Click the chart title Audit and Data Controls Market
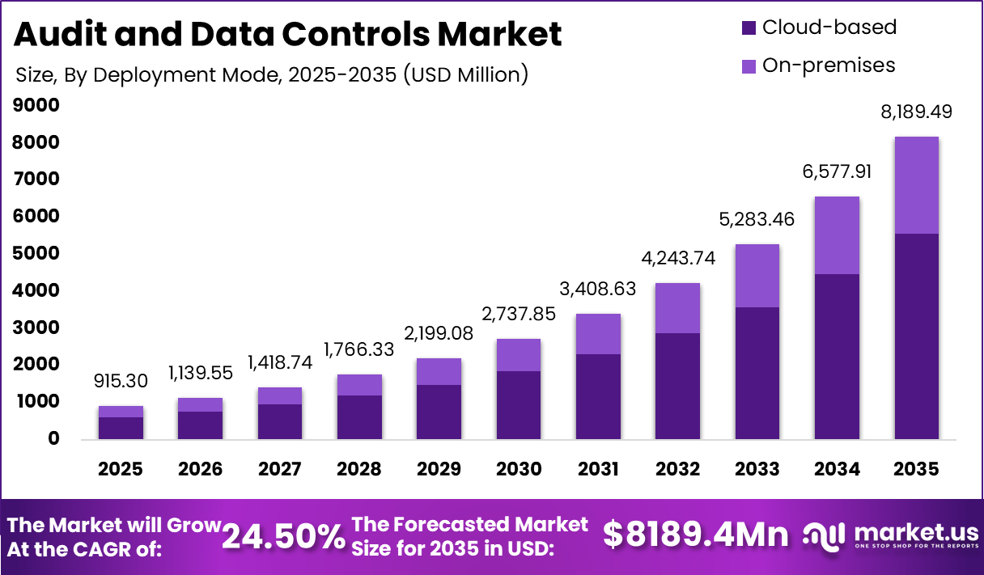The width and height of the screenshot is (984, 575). point(288,34)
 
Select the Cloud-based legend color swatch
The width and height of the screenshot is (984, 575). point(749,27)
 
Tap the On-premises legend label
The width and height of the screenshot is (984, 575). point(829,66)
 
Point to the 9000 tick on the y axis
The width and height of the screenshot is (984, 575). point(36,105)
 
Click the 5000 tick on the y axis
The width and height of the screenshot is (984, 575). point(36,253)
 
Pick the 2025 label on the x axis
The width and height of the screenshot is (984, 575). point(121,469)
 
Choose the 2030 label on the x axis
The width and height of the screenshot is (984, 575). point(519,469)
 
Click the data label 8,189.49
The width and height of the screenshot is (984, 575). point(917,112)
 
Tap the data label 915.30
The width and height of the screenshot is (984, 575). point(121,380)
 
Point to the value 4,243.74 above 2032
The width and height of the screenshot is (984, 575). point(678,258)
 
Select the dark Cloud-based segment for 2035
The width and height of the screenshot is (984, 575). point(917,336)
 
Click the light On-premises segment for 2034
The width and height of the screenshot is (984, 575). point(837,235)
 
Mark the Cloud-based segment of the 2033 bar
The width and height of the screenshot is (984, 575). point(757,373)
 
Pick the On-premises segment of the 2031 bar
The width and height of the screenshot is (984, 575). point(598,334)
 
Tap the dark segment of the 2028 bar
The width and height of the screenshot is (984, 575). point(359,417)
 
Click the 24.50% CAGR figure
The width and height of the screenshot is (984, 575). point(283,536)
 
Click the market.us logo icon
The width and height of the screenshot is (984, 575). point(824,536)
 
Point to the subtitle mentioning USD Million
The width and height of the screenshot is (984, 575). point(272,75)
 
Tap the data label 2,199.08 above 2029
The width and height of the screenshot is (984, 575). point(439,333)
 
